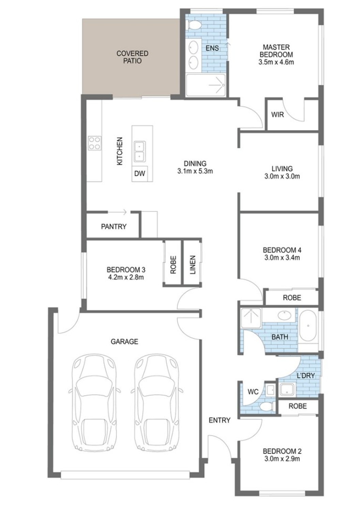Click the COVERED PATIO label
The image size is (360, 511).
pos(132,57)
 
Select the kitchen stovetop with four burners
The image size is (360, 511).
pos(94,143)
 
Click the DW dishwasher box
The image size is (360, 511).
pos(139,173)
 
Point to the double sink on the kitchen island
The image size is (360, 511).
pos(139,151)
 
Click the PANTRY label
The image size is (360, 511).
pos(114,227)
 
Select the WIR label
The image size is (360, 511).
pos(277,115)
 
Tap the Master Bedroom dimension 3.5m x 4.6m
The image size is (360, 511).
pos(276,62)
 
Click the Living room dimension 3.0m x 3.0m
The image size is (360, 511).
pos(282,176)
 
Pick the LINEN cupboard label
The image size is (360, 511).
pos(193,265)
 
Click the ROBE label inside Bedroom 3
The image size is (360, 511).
pos(173,265)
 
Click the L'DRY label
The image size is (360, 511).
pos(305,375)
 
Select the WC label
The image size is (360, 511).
pos(253,392)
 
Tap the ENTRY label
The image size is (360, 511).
pos(219,420)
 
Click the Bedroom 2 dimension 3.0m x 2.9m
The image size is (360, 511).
pos(282,459)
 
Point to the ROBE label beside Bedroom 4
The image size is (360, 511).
pos(292,298)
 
